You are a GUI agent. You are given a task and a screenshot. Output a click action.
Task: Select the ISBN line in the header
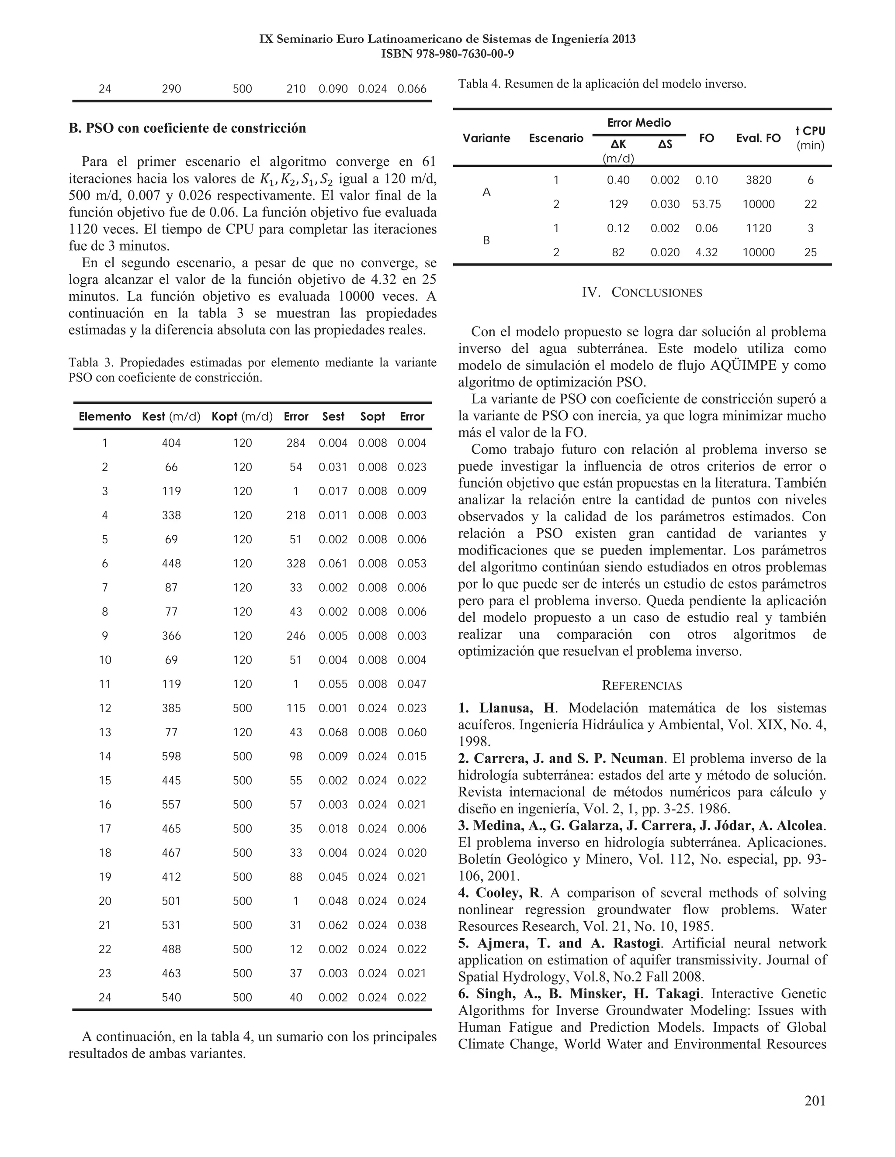click(x=447, y=54)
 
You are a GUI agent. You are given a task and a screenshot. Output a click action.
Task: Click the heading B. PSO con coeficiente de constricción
click(x=187, y=128)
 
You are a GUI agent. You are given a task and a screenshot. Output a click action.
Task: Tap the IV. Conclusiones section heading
click(x=642, y=293)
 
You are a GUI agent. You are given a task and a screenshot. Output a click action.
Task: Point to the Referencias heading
click(x=642, y=685)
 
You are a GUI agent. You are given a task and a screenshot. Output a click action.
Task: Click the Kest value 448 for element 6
click(x=171, y=564)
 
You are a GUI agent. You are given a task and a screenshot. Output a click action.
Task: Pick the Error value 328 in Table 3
click(x=295, y=564)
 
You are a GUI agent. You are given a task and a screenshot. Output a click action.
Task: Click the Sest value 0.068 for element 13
click(x=333, y=732)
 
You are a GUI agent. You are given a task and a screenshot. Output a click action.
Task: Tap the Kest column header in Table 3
click(x=171, y=417)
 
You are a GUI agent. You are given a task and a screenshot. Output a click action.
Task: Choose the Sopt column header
click(x=372, y=417)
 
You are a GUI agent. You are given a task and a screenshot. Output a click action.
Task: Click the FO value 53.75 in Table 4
click(x=706, y=204)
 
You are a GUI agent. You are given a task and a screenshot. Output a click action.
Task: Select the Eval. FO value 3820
click(x=758, y=180)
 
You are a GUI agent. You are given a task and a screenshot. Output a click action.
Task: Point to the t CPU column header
click(x=810, y=137)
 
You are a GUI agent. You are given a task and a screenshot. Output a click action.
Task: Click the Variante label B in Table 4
click(x=487, y=241)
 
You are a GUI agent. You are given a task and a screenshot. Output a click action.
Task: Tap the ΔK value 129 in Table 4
click(x=618, y=204)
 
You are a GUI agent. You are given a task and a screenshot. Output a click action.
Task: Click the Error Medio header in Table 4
click(x=639, y=123)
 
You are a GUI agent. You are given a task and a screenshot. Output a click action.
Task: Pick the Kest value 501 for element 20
click(x=171, y=901)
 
